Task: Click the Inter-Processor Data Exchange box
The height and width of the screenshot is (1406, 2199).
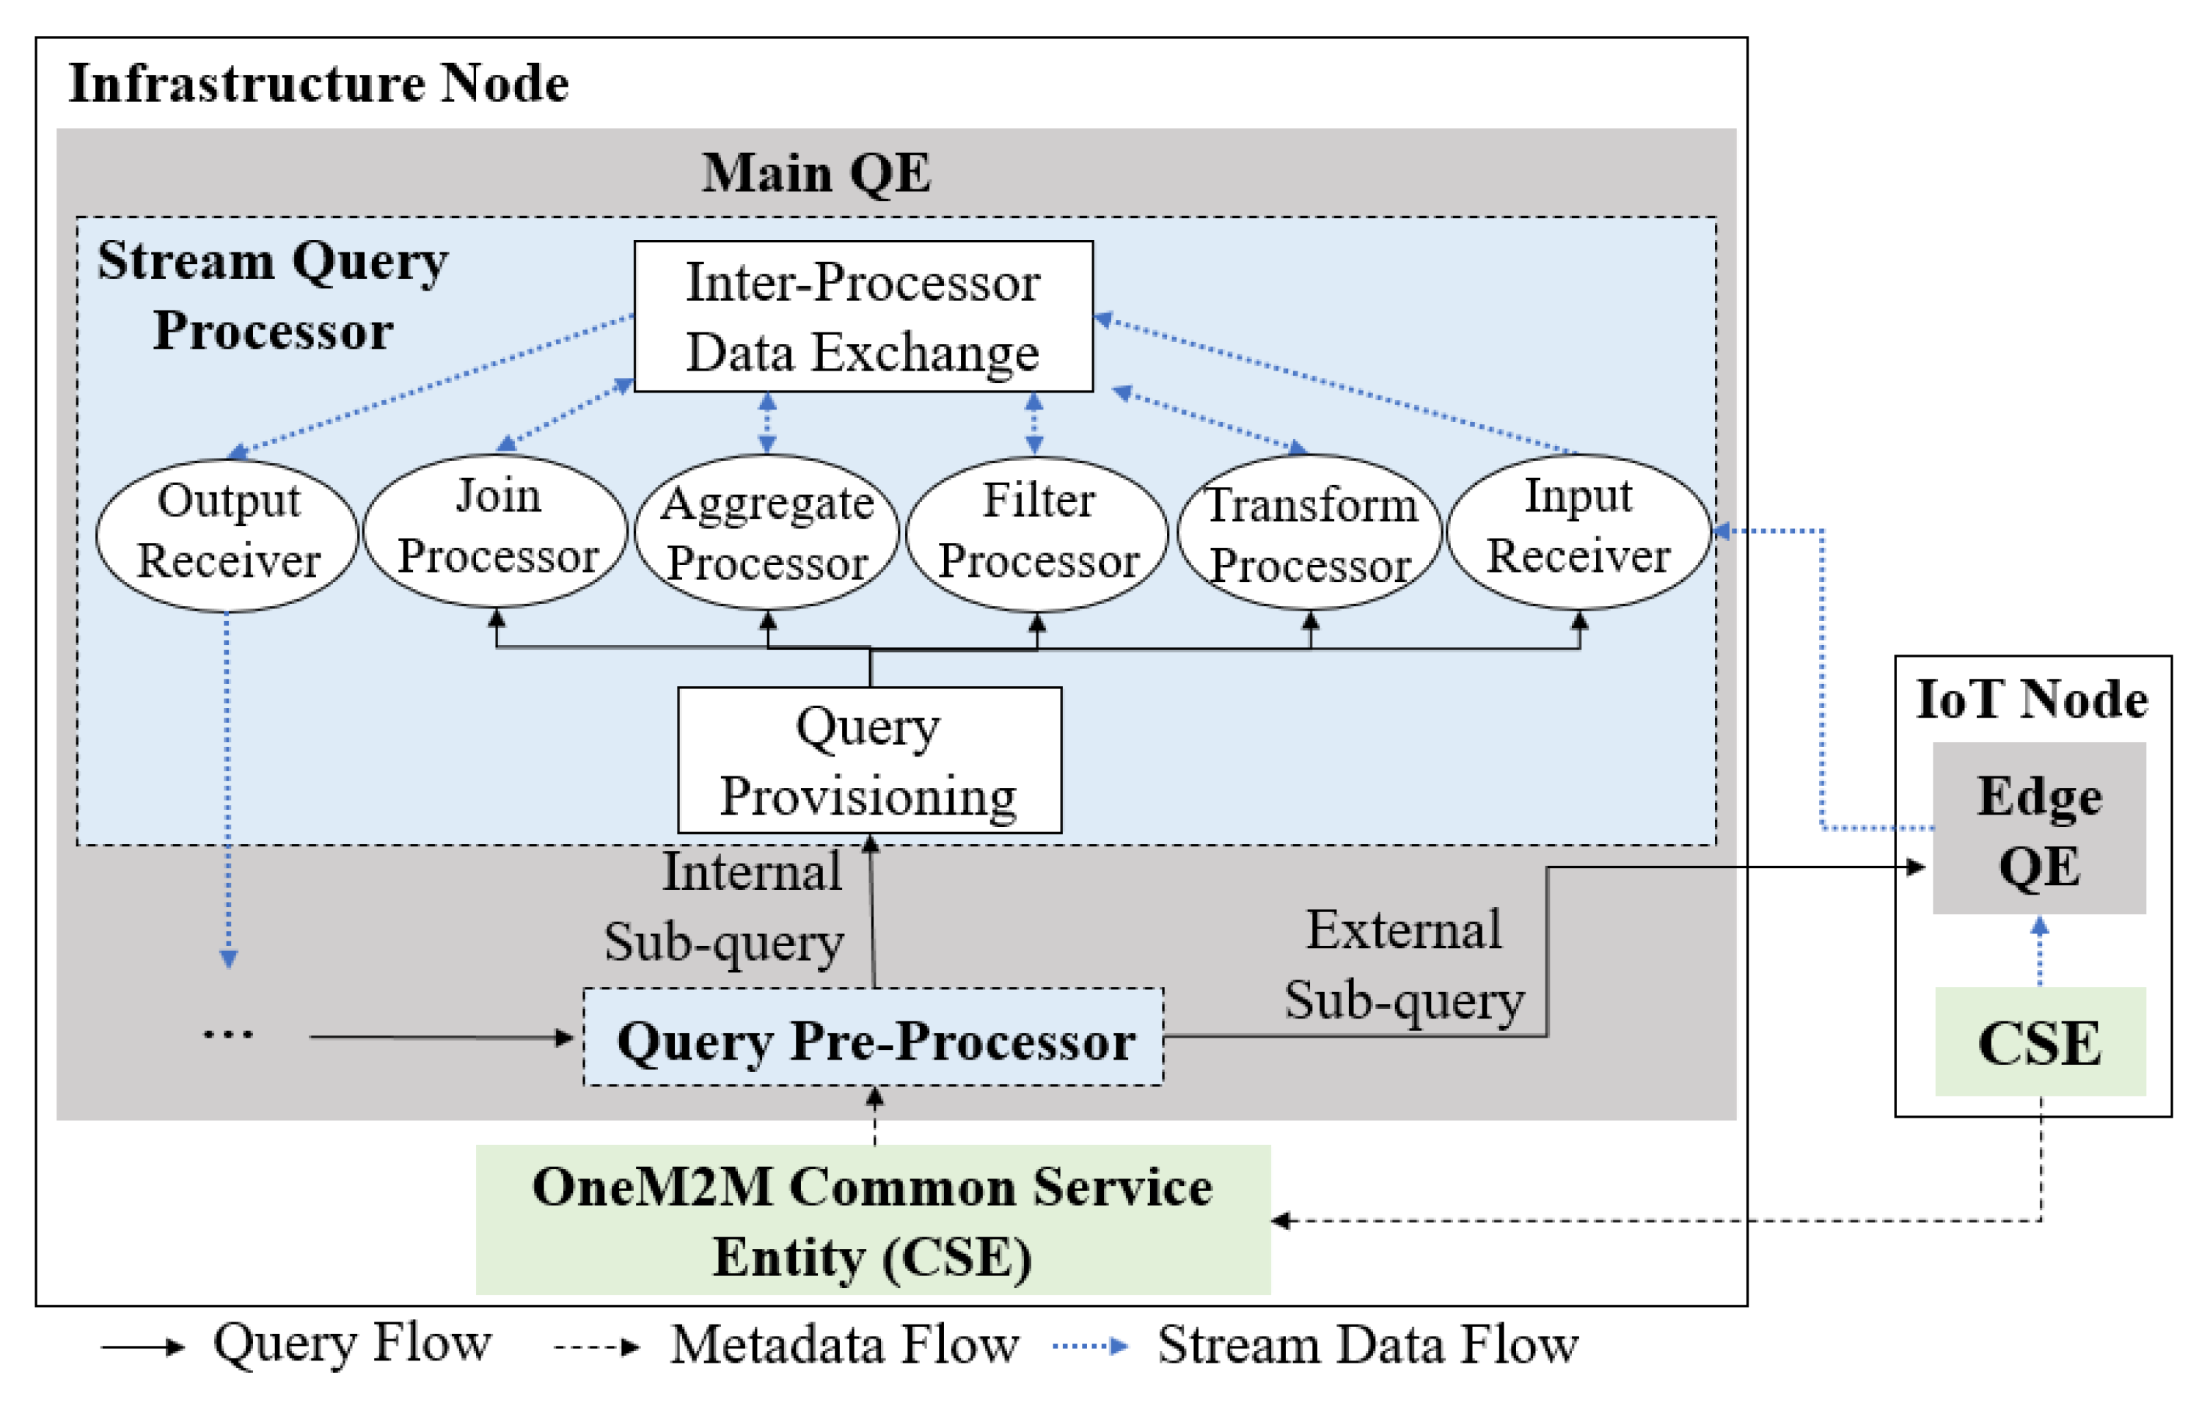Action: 863,316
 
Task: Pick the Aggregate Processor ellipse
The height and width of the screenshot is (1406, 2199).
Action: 766,532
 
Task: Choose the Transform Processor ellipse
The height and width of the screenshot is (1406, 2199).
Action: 1309,533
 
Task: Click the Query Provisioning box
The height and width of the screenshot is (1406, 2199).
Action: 868,760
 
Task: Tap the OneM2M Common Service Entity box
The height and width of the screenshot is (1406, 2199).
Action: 872,1220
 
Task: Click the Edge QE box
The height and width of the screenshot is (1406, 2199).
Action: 2038,829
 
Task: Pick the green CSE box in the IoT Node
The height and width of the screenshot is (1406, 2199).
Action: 2038,1043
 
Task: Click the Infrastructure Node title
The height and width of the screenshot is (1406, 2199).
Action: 319,84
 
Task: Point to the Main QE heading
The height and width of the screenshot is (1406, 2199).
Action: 816,172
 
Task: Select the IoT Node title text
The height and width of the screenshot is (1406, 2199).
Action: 2031,700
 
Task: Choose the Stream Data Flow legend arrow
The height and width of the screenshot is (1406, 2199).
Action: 1089,1346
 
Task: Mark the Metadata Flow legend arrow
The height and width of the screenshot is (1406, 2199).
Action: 596,1347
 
